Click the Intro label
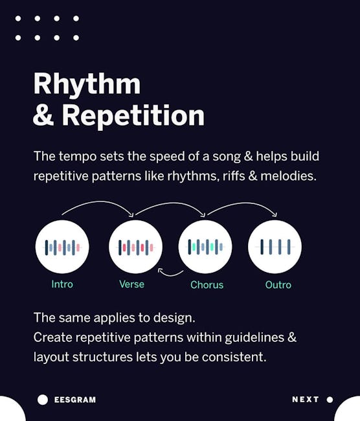(62, 284)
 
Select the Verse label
(131, 284)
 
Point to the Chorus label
(207, 285)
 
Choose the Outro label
(278, 285)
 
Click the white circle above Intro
(62, 247)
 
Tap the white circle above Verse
(135, 247)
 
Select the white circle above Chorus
(205, 247)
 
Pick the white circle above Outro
(275, 247)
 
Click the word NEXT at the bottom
(305, 400)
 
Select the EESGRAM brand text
(75, 400)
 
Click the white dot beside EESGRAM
(43, 400)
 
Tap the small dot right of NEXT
(330, 400)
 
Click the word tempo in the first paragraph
(78, 157)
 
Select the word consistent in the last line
(234, 357)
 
